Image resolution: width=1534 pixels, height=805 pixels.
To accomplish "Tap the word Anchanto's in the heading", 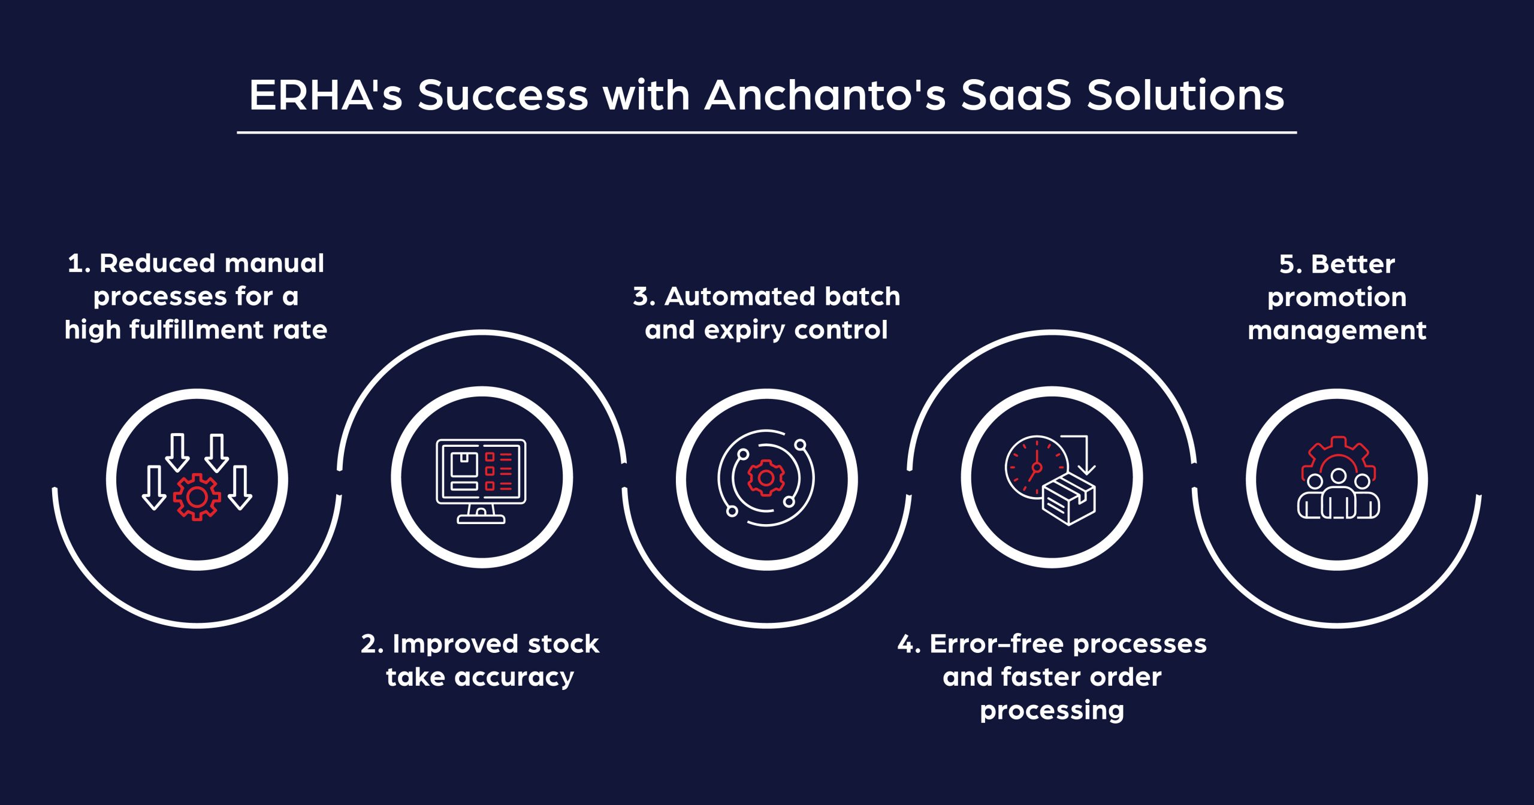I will (x=825, y=95).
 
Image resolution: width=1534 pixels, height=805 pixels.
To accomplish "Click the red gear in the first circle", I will (x=197, y=497).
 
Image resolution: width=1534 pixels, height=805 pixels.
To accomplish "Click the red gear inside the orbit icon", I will (x=766, y=478).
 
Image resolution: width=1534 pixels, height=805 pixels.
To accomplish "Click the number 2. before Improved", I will (x=372, y=644).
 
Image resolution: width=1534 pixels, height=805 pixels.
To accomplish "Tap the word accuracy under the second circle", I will (x=514, y=677).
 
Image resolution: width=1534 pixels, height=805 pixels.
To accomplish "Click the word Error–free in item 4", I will (x=997, y=644).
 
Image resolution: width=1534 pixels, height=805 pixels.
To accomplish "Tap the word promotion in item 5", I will (x=1337, y=298).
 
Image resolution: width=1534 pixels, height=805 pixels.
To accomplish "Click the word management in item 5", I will (x=1337, y=331).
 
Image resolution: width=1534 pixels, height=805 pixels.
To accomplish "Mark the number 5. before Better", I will (x=1290, y=264).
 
